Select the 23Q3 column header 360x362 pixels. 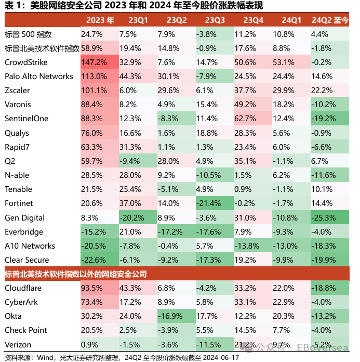click(215, 20)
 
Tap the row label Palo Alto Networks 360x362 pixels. click(39, 76)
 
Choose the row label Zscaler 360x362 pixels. click(17, 90)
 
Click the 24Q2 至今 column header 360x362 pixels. click(330, 20)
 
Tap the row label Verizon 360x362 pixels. click(18, 345)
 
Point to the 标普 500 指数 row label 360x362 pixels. click(28, 34)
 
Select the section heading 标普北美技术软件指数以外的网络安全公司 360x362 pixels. click(76, 274)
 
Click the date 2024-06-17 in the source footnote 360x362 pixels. click(220, 358)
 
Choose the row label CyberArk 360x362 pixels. click(21, 302)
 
